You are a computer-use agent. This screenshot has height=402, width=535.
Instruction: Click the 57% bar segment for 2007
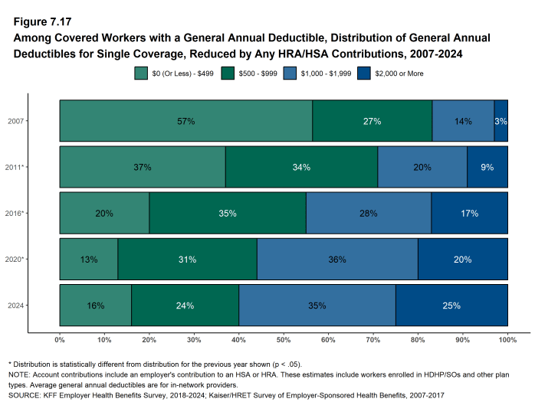(185, 121)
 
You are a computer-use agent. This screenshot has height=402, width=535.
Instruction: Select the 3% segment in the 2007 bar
(501, 121)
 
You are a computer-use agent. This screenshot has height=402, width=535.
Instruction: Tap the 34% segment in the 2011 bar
(301, 167)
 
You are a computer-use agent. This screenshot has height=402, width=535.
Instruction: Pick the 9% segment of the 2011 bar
(487, 167)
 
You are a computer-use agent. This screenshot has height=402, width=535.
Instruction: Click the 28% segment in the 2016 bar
(368, 214)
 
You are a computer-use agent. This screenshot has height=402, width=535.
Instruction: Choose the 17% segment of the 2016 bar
(469, 214)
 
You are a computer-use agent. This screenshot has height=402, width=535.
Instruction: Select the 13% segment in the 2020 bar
(88, 260)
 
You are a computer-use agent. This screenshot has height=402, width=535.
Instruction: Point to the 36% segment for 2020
(336, 260)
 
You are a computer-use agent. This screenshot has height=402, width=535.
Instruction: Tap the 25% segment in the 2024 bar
(451, 306)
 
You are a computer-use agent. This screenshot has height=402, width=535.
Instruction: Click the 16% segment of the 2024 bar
(95, 306)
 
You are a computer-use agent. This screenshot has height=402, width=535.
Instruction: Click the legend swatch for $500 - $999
(228, 74)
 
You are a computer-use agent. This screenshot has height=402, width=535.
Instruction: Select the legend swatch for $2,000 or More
(359, 74)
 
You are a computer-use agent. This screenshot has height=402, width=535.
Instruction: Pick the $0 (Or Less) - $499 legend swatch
(141, 74)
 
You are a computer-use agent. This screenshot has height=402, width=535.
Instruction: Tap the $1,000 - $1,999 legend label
(323, 74)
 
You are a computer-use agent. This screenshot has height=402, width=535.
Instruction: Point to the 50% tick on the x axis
(284, 339)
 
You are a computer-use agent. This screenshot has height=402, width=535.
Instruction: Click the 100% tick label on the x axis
(507, 339)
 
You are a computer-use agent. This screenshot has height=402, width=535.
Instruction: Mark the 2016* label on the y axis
(18, 214)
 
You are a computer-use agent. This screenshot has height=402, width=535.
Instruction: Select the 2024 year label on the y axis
(16, 306)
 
